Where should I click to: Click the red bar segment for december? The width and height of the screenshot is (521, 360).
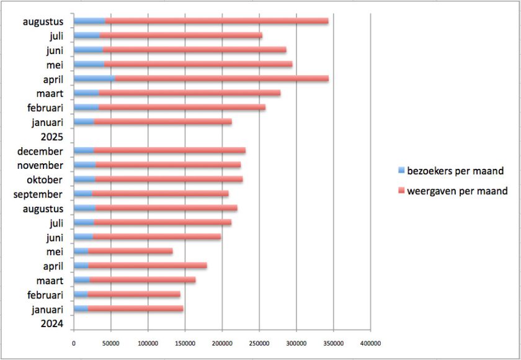pyautogui.click(x=169, y=151)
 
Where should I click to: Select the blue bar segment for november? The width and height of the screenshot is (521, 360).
pyautogui.click(x=84, y=165)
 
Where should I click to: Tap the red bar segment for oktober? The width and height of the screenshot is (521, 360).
pyautogui.click(x=169, y=179)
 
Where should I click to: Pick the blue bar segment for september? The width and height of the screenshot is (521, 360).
pyautogui.click(x=82, y=194)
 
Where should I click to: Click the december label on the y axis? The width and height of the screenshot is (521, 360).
pyautogui.click(x=40, y=151)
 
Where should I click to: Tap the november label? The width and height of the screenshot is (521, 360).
pyautogui.click(x=40, y=165)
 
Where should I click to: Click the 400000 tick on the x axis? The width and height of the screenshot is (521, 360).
pyautogui.click(x=370, y=342)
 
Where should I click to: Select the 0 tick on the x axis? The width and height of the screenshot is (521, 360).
pyautogui.click(x=74, y=342)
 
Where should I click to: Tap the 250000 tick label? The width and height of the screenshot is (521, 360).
pyautogui.click(x=259, y=342)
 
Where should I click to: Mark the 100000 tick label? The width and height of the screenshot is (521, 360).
pyautogui.click(x=148, y=342)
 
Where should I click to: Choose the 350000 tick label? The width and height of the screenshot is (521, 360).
pyautogui.click(x=334, y=342)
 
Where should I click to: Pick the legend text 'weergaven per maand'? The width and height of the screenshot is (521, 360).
pyautogui.click(x=457, y=191)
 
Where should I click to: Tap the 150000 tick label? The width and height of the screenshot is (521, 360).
pyautogui.click(x=185, y=342)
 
